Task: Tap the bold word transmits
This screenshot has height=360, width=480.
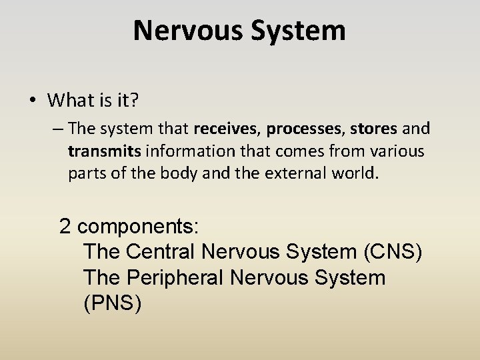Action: pos(104,151)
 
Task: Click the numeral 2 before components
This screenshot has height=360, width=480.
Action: pos(65,227)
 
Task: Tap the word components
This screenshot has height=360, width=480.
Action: pos(138,227)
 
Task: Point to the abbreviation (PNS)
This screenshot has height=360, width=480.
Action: pos(112,303)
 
